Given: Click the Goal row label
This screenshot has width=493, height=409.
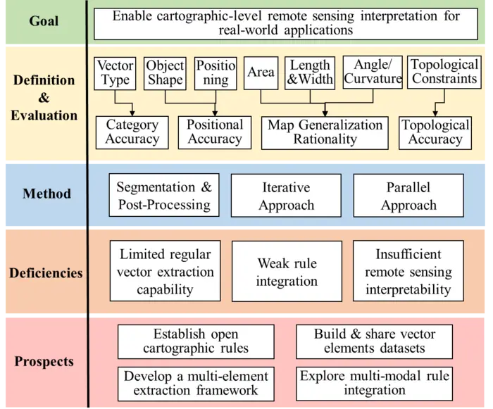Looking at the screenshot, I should pos(44,21).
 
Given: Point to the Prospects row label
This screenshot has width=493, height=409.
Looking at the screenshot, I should pos(44,362).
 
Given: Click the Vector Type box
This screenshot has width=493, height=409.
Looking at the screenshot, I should pos(115,73).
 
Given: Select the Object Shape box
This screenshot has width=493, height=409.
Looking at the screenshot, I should pos(165,73).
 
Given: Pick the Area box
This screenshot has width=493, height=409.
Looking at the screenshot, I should pos(261,73).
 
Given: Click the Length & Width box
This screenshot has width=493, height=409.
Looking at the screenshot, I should pos(310,73).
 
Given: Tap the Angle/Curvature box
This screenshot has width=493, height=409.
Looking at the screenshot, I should pos(373,73).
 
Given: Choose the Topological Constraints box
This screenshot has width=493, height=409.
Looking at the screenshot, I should pos(444,73).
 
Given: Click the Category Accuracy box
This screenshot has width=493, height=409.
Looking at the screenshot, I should pos(132,132).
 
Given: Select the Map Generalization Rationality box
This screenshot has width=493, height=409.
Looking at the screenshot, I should pos(325,132).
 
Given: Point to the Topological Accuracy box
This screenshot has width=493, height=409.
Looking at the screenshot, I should pos(435,132).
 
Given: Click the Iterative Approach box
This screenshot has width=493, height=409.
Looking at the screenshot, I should pos(286,196).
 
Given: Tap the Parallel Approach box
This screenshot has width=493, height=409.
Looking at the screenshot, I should pos(408,196).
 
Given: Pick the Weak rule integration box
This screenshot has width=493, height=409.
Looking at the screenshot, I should pos(286,272).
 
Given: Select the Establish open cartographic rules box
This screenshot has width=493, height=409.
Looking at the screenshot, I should pos(195,341).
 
